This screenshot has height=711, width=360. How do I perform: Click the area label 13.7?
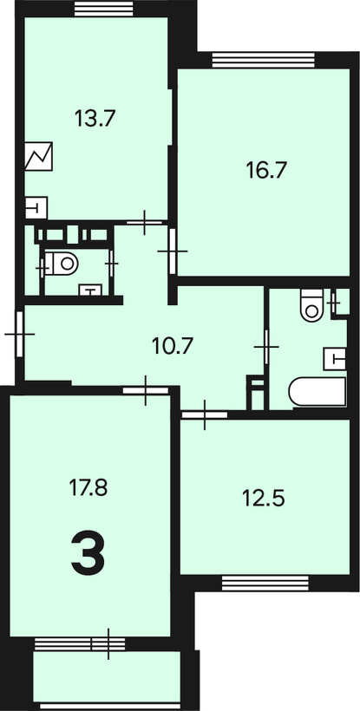pyautogui.click(x=95, y=120)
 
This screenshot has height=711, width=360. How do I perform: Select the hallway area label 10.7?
pyautogui.click(x=173, y=347)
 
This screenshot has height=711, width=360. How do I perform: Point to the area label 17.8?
pyautogui.click(x=88, y=488)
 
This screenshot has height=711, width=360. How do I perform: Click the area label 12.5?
pyautogui.click(x=264, y=499)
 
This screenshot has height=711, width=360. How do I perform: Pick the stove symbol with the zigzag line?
pyautogui.click(x=38, y=156)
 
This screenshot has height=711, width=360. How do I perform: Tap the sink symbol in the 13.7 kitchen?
pyautogui.click(x=36, y=208)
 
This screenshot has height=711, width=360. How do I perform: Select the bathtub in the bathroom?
pyautogui.click(x=317, y=391)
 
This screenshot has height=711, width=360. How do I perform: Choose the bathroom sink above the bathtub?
pyautogui.click(x=335, y=359)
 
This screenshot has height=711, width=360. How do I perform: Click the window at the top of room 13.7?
pyautogui.click(x=104, y=9)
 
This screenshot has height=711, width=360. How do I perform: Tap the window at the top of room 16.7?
pyautogui.click(x=264, y=60)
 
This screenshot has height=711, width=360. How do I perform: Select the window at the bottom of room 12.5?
pyautogui.click(x=265, y=583)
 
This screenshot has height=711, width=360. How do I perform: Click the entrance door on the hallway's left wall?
pyautogui.click(x=19, y=334)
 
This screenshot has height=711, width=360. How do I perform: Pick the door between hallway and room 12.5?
pyautogui.click(x=205, y=414)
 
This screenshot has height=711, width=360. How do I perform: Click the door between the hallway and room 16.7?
pyautogui.click(x=173, y=251)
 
